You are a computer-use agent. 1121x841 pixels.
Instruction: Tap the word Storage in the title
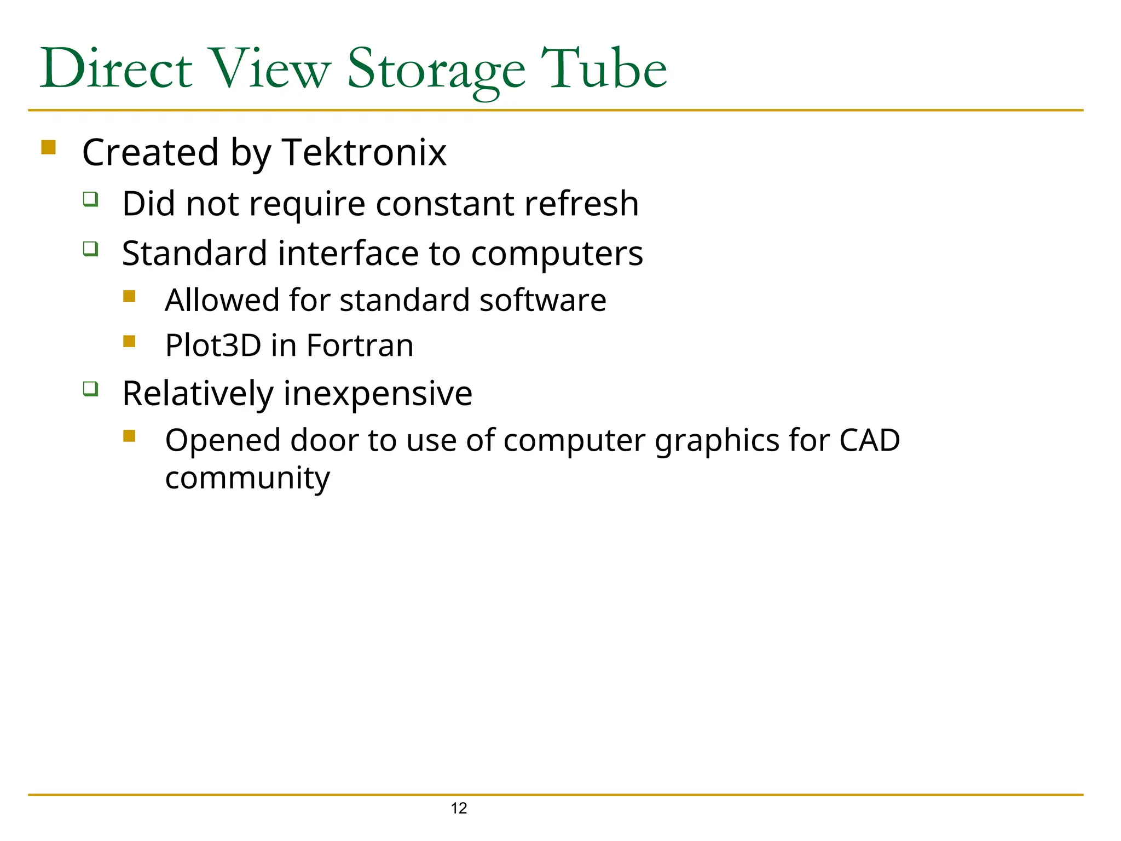click(436, 70)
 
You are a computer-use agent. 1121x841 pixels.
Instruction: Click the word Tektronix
click(365, 152)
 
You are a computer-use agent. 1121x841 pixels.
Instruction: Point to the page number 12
click(459, 808)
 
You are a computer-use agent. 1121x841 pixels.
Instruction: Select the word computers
click(557, 254)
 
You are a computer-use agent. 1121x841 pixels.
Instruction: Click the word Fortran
click(360, 345)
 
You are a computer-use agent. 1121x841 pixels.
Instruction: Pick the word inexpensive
click(378, 393)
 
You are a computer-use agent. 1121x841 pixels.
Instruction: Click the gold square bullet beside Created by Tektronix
click(49, 147)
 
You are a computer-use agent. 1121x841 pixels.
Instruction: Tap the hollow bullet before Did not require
click(91, 199)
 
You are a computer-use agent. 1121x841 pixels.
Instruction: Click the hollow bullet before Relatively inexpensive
click(91, 389)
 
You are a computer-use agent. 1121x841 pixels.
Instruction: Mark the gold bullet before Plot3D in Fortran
click(129, 341)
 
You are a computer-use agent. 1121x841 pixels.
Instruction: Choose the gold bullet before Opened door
click(129, 436)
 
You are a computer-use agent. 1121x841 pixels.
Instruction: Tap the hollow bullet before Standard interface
click(91, 249)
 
